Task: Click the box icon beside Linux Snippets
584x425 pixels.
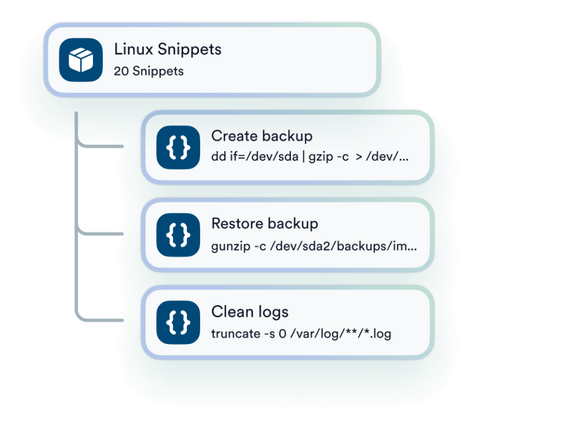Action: pos(78,59)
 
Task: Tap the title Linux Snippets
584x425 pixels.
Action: pos(168,49)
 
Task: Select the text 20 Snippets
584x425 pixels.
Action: pos(148,71)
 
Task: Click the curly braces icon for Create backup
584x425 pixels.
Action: pos(178,147)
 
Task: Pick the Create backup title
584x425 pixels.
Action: pos(262,136)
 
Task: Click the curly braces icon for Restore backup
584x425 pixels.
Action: pos(178,234)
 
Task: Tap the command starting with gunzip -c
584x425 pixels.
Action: pos(314,247)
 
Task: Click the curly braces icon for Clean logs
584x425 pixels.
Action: pos(178,322)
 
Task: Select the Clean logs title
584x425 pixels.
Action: pos(250,311)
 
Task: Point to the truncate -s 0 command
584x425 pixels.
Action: pos(301,334)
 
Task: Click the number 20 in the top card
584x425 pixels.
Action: pos(121,71)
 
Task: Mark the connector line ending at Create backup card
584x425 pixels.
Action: pos(103,147)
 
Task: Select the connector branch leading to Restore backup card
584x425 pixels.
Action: pos(103,233)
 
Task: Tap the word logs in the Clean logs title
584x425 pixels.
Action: pos(270,313)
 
